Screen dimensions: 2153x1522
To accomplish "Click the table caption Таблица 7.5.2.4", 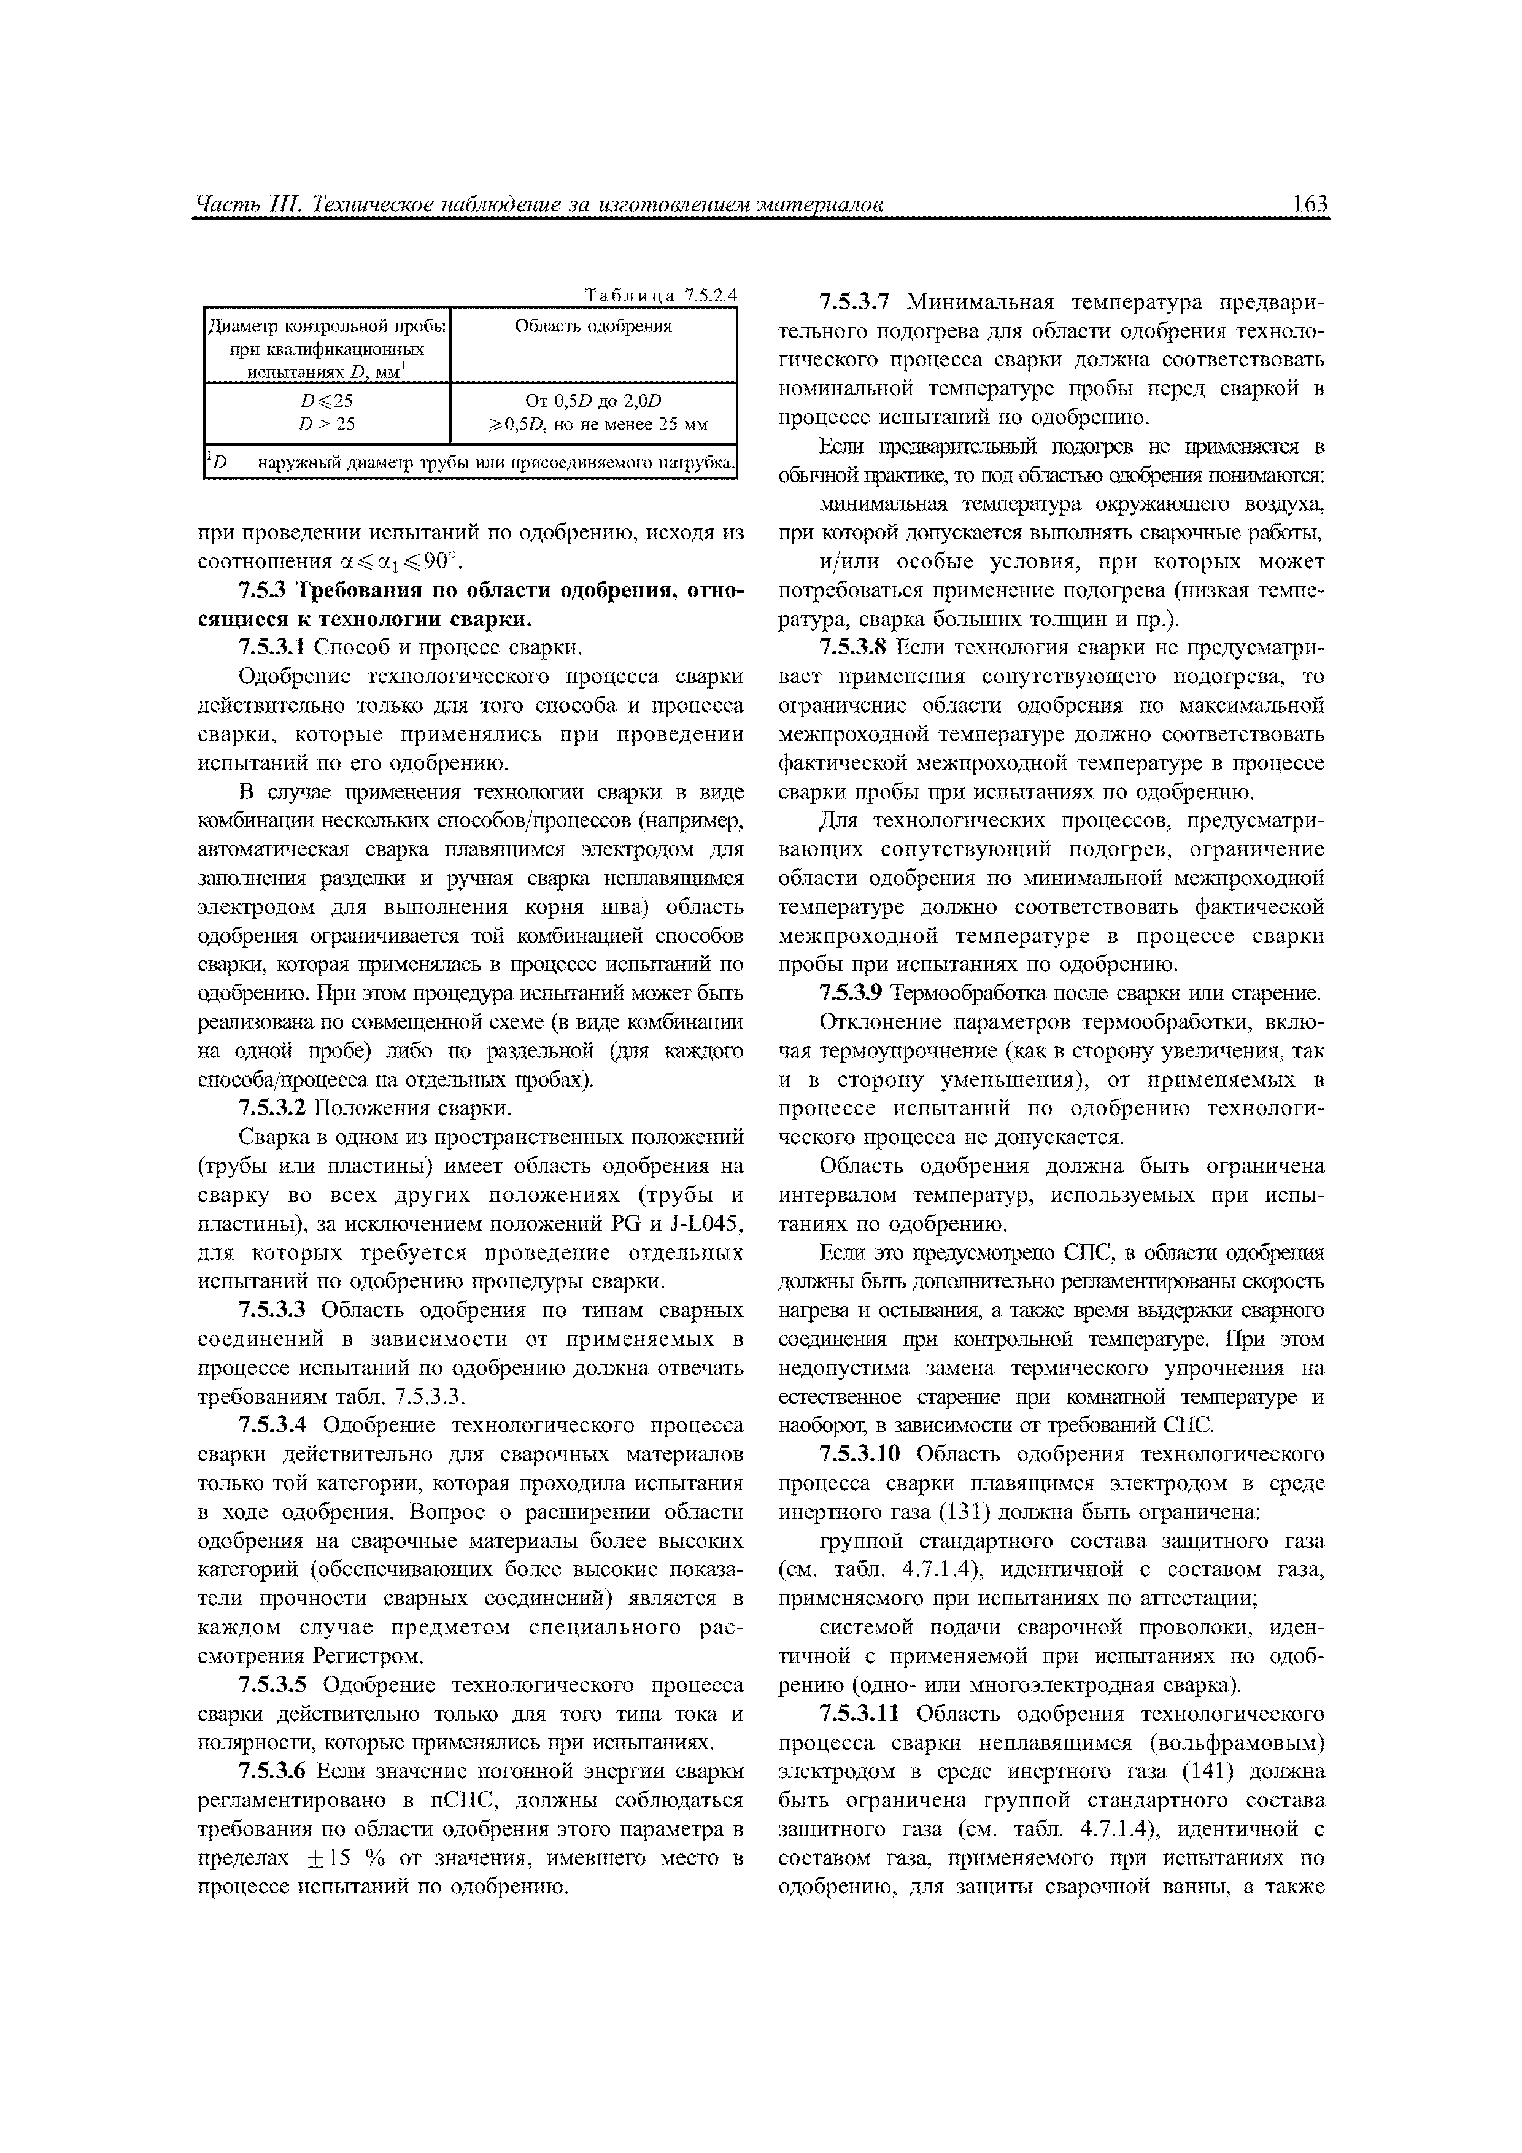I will click(x=661, y=295).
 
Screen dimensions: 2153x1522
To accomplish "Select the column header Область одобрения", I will click(x=593, y=327).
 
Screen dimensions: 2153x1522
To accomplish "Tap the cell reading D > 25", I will click(x=326, y=424).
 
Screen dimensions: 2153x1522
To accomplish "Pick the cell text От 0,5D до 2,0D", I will click(x=593, y=401).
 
